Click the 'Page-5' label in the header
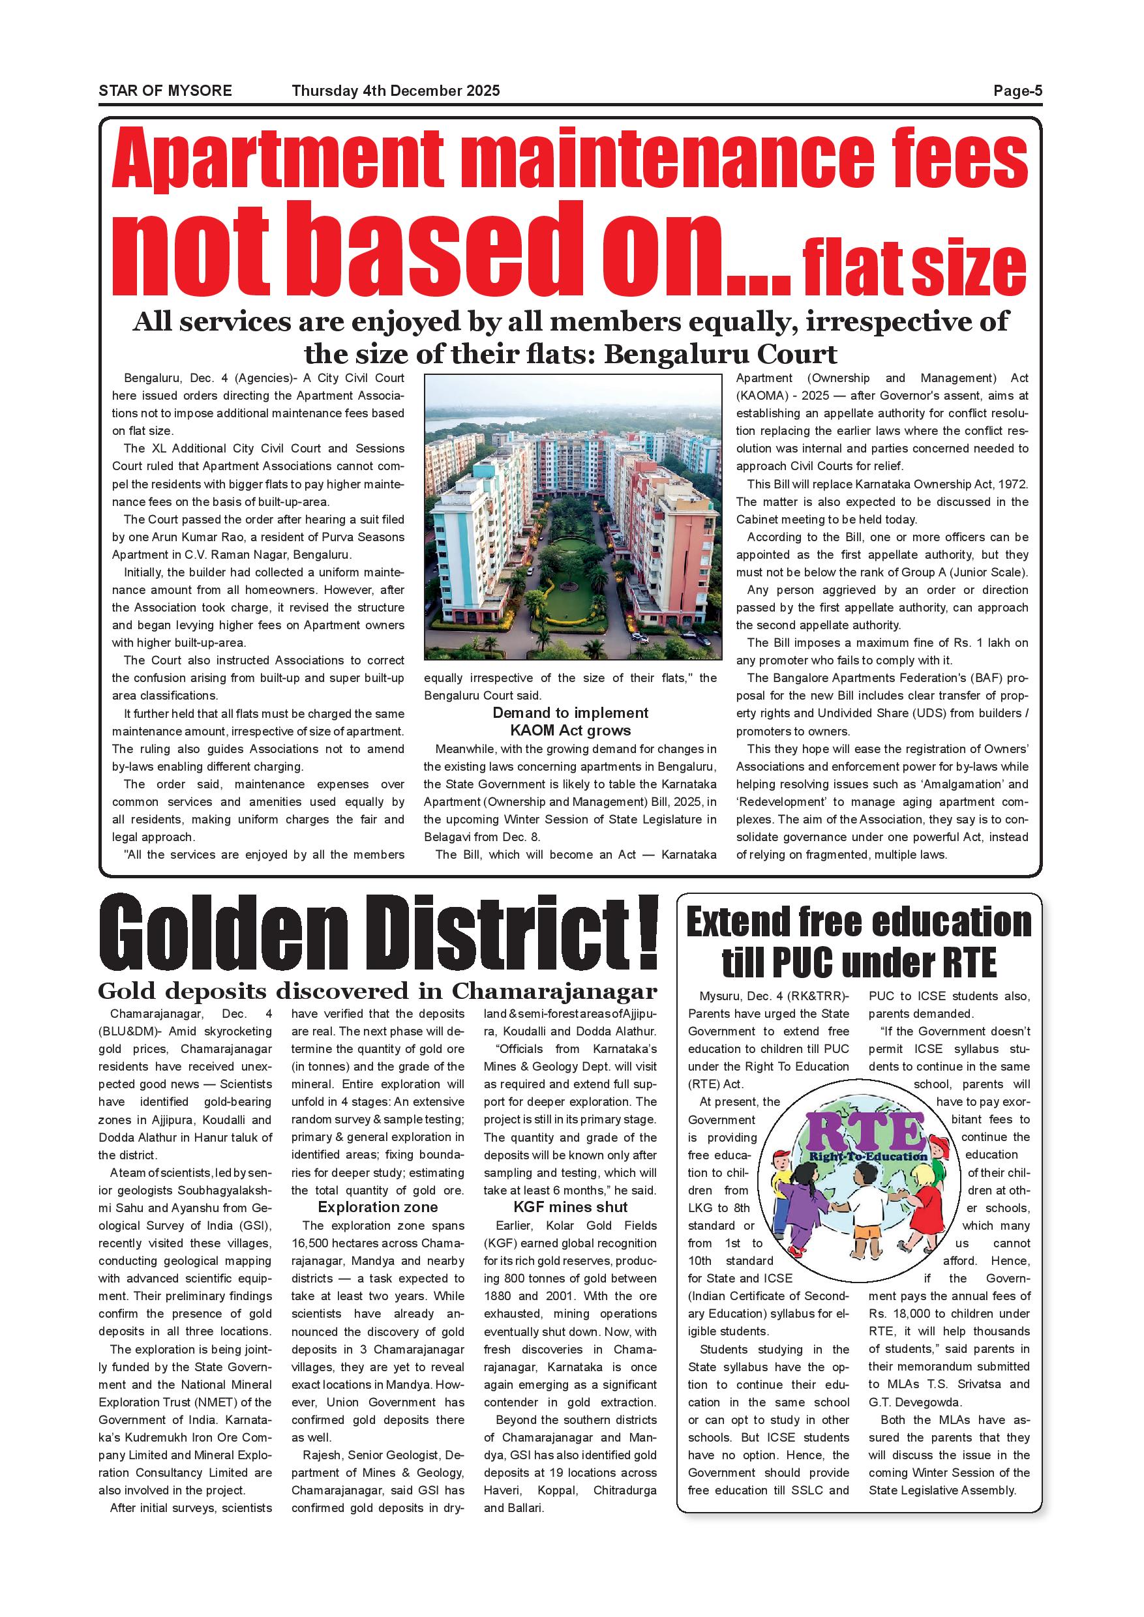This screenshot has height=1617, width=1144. pos(1017,90)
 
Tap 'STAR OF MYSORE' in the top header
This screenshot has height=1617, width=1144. pos(165,90)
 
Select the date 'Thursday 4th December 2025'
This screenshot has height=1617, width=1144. pos(395,90)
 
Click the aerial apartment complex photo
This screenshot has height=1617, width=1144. pos(572,516)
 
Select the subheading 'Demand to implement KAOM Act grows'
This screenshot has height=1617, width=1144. pos(570,721)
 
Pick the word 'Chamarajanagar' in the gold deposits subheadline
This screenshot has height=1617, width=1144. pos(554,991)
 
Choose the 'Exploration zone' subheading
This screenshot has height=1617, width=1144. pos(378,1207)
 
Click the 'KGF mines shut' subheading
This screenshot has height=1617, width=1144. pos(570,1207)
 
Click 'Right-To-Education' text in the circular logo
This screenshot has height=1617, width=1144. pos(868,1157)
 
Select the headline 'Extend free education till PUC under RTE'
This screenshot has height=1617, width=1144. pos(858,942)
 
